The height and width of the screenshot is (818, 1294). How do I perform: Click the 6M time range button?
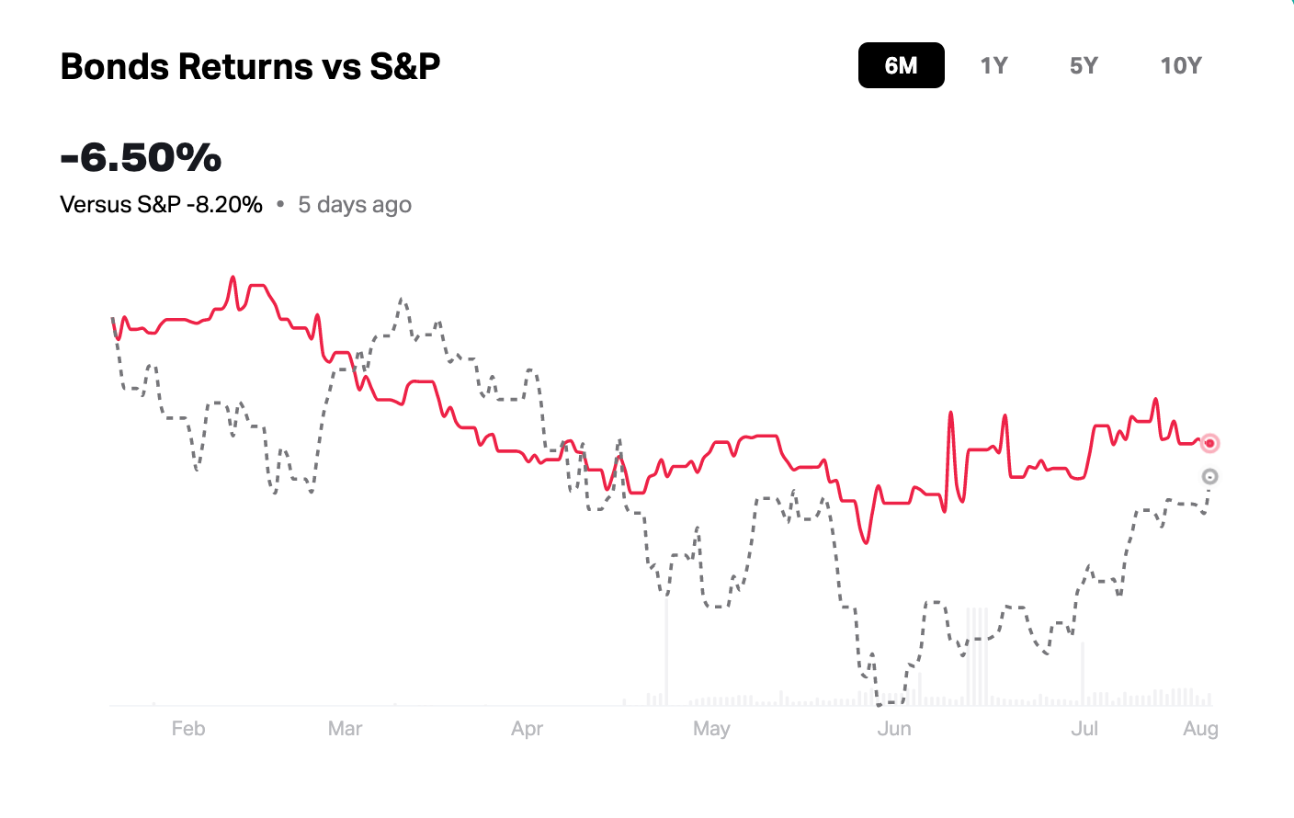point(901,65)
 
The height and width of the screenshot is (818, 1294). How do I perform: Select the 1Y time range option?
point(993,65)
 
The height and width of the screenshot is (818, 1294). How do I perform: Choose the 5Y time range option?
point(1084,65)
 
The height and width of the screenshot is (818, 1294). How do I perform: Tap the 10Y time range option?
point(1181,65)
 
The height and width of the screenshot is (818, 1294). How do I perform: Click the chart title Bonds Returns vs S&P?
point(250,66)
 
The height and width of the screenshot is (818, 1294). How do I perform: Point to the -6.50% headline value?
point(141,157)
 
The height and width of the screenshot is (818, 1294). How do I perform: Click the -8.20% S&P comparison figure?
point(224,204)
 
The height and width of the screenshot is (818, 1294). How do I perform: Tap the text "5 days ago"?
point(355,204)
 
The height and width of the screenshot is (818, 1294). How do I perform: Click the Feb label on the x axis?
point(188,729)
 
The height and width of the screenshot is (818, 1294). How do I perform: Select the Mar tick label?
point(345,729)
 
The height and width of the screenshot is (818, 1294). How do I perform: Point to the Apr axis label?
point(527,729)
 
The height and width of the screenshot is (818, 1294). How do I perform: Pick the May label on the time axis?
point(711,729)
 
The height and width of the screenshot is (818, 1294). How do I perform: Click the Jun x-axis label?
point(894,729)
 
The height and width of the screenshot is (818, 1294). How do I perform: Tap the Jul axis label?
point(1084,729)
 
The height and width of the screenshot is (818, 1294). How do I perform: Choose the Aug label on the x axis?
point(1200,729)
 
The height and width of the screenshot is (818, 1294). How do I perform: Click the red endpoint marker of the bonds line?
point(1209,443)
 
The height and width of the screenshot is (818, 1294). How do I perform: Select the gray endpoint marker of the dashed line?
point(1209,476)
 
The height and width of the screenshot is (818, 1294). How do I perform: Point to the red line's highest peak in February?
point(233,277)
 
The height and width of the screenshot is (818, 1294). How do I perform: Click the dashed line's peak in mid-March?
point(402,299)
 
